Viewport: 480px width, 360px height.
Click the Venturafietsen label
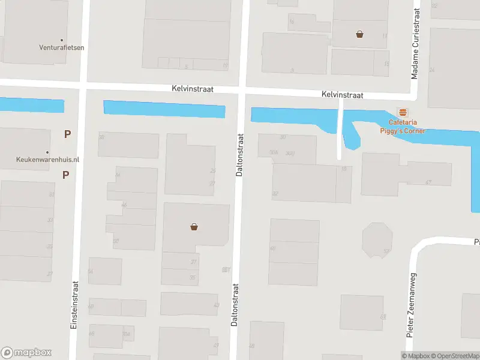[x=62, y=47]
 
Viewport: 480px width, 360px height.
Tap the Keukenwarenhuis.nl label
[x=47, y=160]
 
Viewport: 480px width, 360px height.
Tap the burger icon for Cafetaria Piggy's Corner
[x=403, y=112]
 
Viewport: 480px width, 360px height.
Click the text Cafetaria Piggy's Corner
[x=402, y=127]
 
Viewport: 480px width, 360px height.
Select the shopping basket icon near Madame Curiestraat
[x=359, y=34]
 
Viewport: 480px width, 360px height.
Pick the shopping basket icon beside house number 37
[x=194, y=227]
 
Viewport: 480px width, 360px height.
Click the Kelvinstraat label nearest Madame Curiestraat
[x=342, y=95]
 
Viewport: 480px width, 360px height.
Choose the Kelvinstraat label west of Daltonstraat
[x=193, y=89]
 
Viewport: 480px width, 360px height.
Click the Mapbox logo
[x=26, y=353]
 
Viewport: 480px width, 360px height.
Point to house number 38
[x=101, y=137]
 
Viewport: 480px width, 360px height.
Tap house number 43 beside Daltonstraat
[x=216, y=305]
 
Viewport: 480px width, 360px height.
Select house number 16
[x=292, y=22]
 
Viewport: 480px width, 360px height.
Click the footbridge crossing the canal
[x=340, y=128]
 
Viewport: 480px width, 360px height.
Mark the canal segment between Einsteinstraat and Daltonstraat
[x=164, y=109]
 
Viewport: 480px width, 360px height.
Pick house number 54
[x=91, y=271]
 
